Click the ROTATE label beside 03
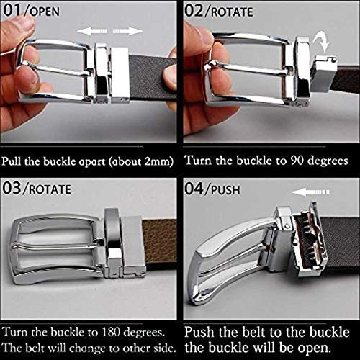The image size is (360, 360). click(50, 189)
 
